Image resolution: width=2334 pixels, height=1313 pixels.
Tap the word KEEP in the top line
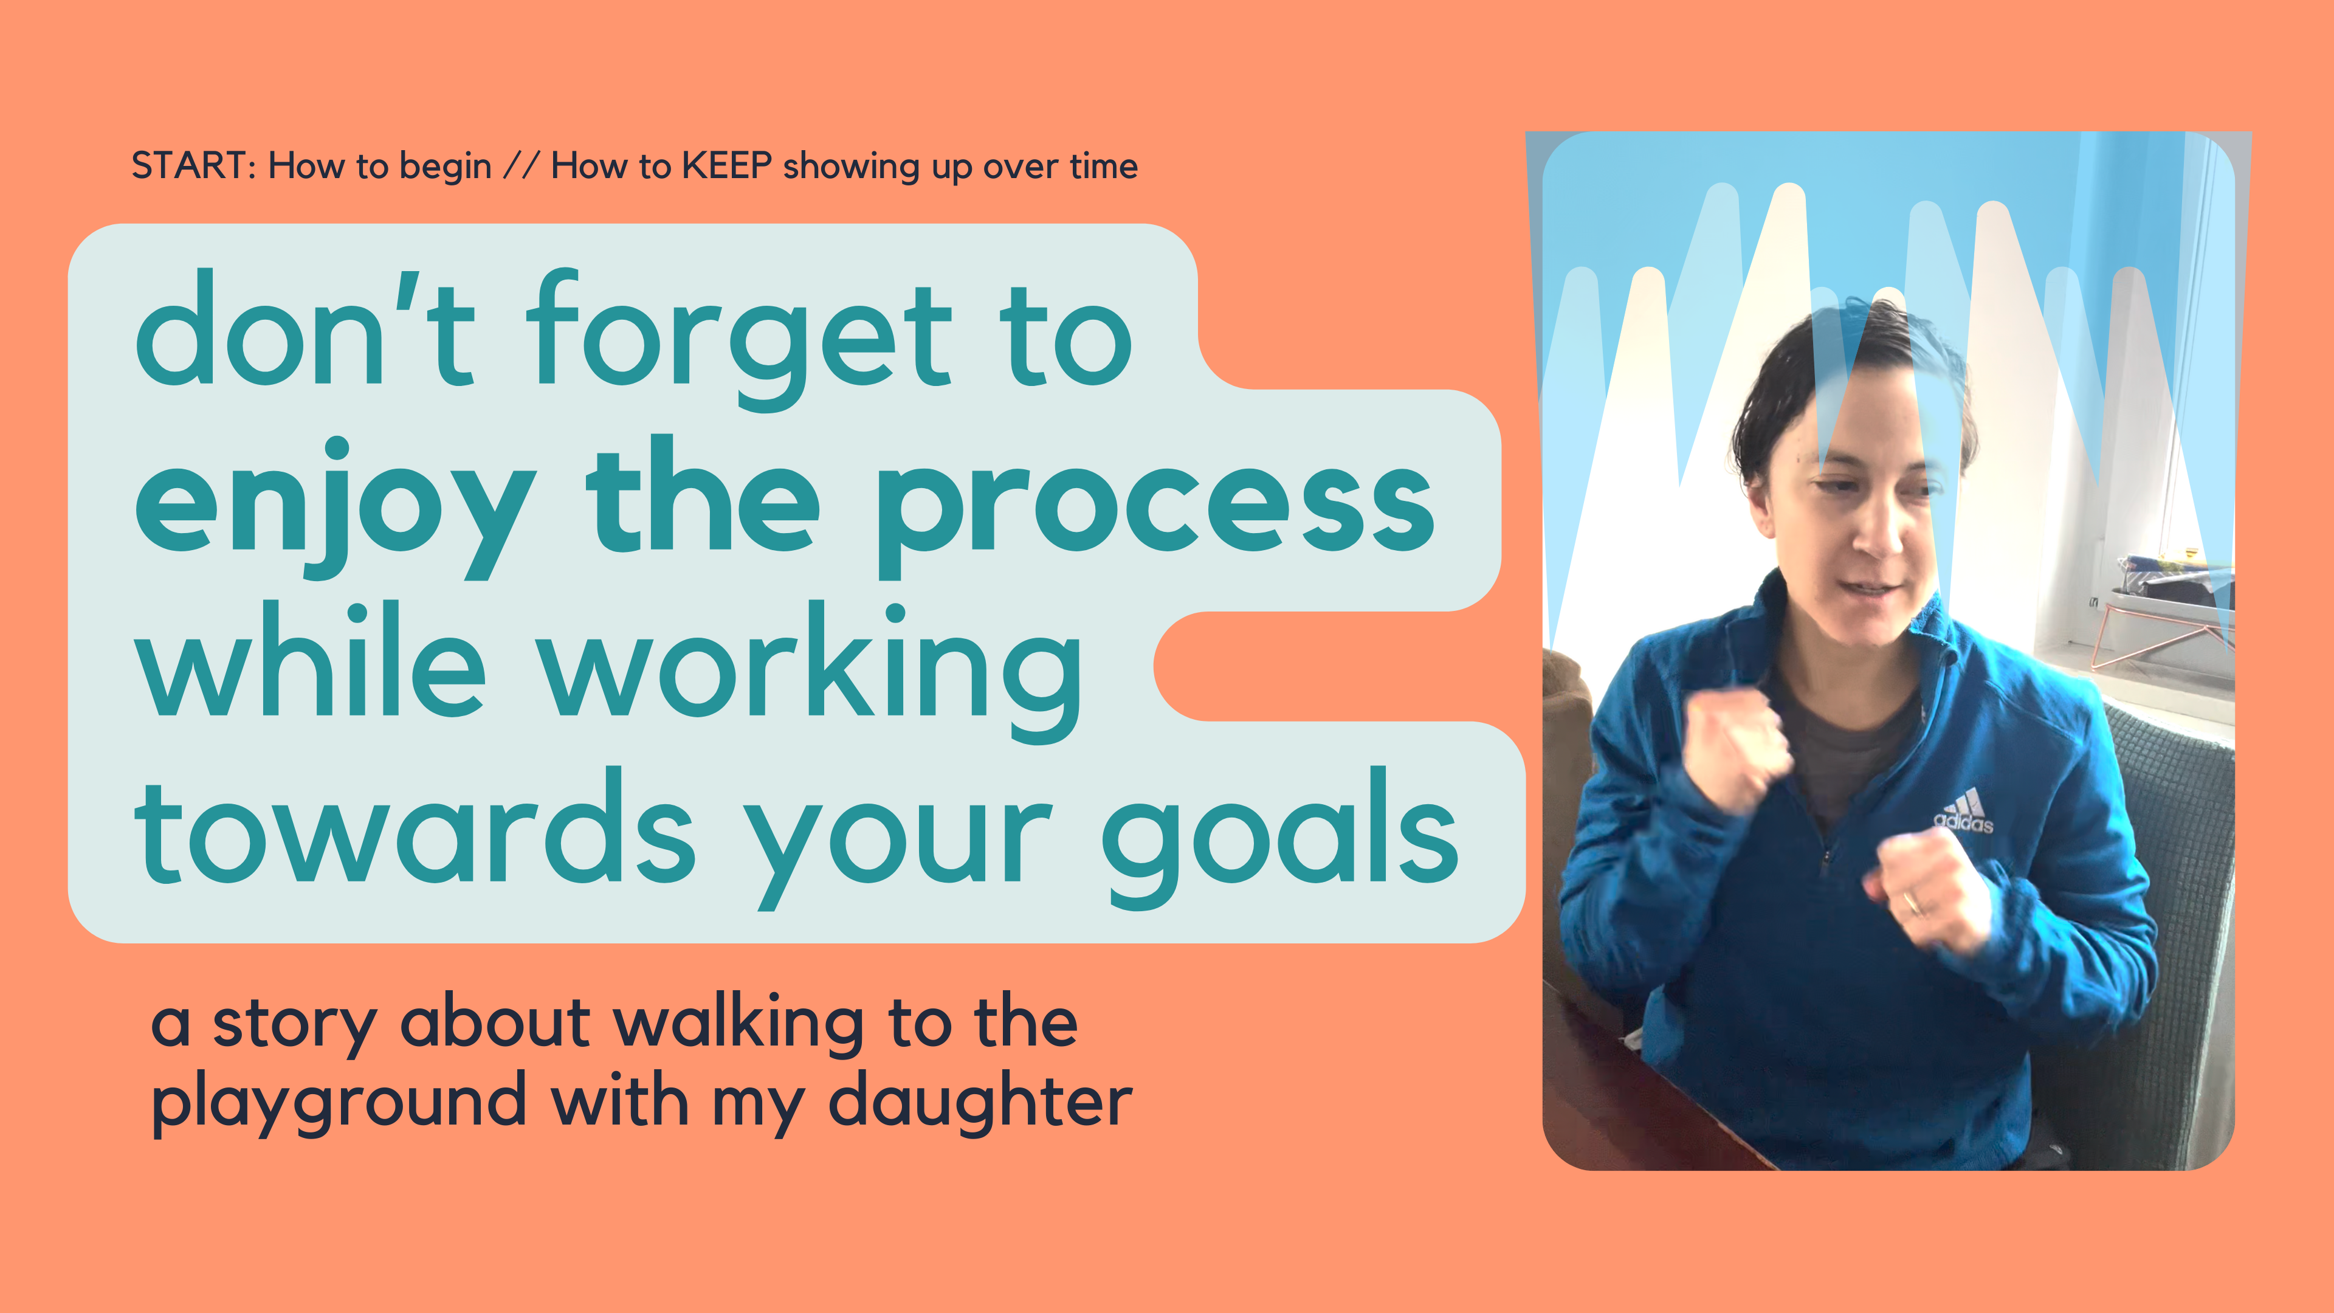click(x=727, y=166)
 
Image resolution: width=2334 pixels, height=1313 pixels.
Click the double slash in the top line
click(x=521, y=166)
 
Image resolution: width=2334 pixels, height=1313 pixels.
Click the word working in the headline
click(x=811, y=670)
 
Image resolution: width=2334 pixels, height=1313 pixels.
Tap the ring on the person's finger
click(x=1910, y=903)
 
